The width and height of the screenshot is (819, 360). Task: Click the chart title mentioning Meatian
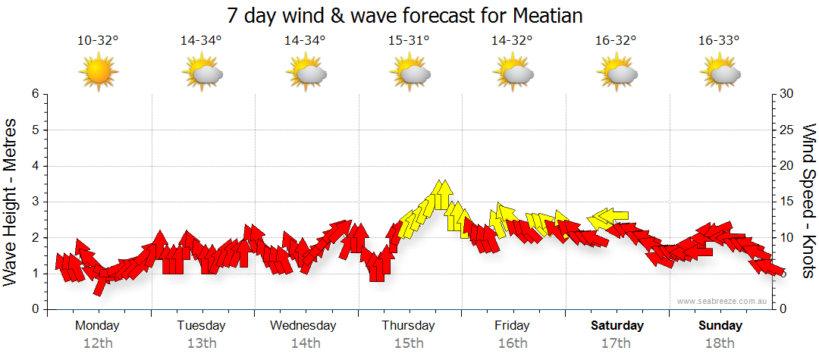point(409,15)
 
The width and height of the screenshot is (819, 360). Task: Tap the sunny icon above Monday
point(99,73)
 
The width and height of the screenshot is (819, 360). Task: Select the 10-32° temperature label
point(99,41)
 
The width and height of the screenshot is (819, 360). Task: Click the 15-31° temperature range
point(409,41)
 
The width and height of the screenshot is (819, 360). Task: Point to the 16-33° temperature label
point(720,41)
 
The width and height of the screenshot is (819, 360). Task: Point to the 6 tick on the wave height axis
point(35,94)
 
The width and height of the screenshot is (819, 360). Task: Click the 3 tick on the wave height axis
point(35,202)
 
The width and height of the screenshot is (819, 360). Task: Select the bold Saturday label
point(617,326)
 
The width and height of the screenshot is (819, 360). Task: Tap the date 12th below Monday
point(99,343)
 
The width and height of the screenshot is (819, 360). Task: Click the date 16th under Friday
point(513,343)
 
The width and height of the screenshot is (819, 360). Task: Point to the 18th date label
point(720,343)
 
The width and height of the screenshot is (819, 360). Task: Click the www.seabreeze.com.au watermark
point(723,301)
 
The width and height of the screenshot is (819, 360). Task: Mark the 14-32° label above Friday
point(513,41)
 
